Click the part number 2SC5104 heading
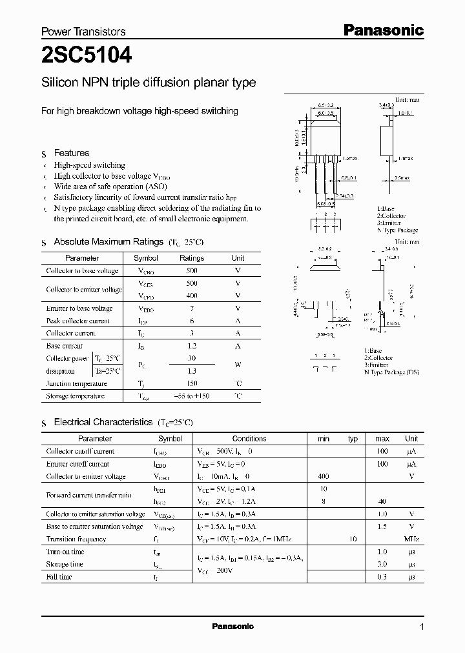pos(87,56)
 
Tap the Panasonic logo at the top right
pos(382,30)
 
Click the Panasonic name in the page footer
pos(233,627)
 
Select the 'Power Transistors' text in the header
pos(83,31)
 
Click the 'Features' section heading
pos(72,153)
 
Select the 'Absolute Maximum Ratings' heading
pos(108,241)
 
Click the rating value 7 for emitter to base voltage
pos(192,308)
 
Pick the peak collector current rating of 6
pos(192,321)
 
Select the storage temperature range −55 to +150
pos(192,396)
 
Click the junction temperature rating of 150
pos(192,383)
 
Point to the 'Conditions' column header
pos(249,438)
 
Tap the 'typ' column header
pos(353,438)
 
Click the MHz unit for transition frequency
pos(411,539)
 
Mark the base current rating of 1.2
pos(192,346)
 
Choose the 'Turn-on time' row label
pos(65,552)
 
